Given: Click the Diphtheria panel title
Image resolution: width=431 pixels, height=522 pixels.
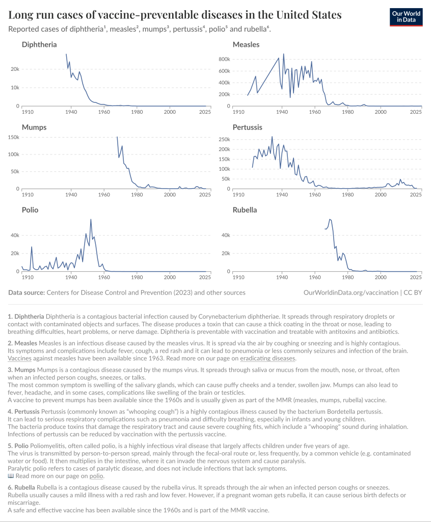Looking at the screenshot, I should [x=39, y=45].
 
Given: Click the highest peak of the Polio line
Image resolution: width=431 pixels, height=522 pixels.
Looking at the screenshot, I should [x=91, y=220].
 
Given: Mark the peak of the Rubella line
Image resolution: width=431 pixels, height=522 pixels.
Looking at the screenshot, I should [x=330, y=219].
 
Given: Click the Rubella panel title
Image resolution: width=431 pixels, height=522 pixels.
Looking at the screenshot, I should [x=245, y=210].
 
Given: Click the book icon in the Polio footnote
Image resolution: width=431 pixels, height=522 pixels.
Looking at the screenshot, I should [x=11, y=476].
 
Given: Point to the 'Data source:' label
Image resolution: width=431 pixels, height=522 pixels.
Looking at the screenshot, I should [x=26, y=293].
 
